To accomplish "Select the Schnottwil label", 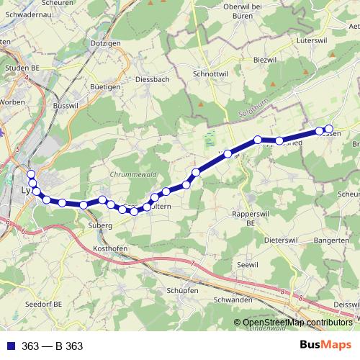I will click(x=210, y=73).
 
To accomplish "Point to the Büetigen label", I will click(x=105, y=86).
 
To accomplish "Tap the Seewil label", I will click(x=247, y=265).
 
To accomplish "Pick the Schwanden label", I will click(x=232, y=300).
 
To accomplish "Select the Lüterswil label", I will click(x=312, y=41).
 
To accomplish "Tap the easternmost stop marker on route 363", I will click(x=329, y=130).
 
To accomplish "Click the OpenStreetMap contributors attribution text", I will click(x=297, y=323).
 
